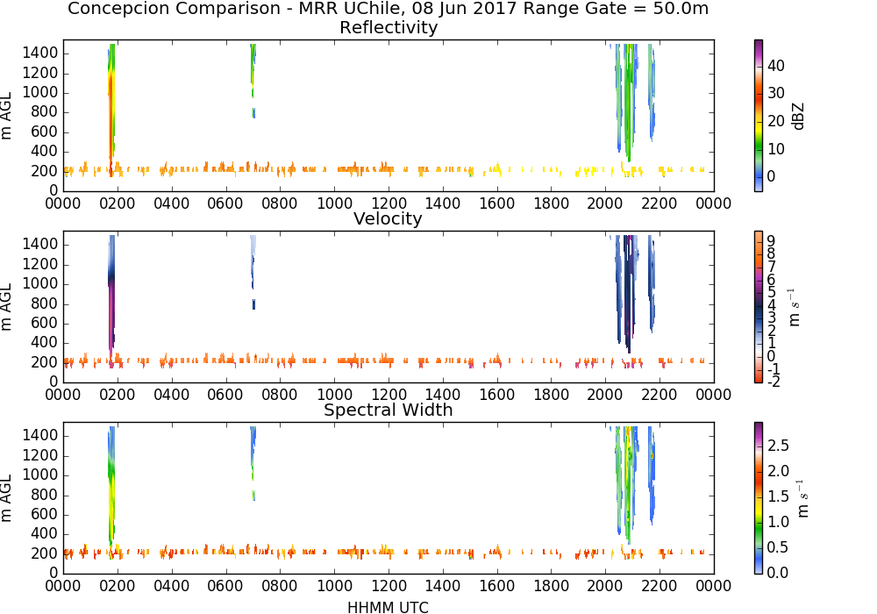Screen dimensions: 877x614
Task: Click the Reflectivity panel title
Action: click(389, 27)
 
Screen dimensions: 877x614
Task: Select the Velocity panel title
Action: click(388, 218)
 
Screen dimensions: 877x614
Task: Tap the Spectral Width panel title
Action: click(389, 410)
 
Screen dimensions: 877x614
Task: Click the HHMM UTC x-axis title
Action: click(388, 607)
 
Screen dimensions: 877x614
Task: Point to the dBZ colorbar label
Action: click(798, 117)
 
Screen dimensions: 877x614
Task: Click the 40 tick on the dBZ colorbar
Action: click(776, 66)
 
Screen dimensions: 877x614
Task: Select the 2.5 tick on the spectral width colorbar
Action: click(778, 445)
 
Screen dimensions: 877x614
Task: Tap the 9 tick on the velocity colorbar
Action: click(771, 240)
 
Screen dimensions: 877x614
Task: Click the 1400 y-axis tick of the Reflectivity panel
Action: click(40, 54)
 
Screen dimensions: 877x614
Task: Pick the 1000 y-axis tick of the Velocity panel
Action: click(40, 284)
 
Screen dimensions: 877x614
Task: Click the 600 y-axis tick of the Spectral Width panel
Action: click(45, 515)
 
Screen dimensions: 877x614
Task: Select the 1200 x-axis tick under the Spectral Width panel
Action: click(389, 585)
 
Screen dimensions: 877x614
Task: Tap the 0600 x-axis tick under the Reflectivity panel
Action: click(225, 203)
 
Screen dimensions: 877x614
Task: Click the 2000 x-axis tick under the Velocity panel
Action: click(605, 394)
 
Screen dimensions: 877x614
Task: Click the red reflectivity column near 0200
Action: click(111, 112)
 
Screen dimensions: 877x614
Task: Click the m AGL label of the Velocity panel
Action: click(5, 306)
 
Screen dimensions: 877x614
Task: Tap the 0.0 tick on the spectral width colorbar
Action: click(778, 573)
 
